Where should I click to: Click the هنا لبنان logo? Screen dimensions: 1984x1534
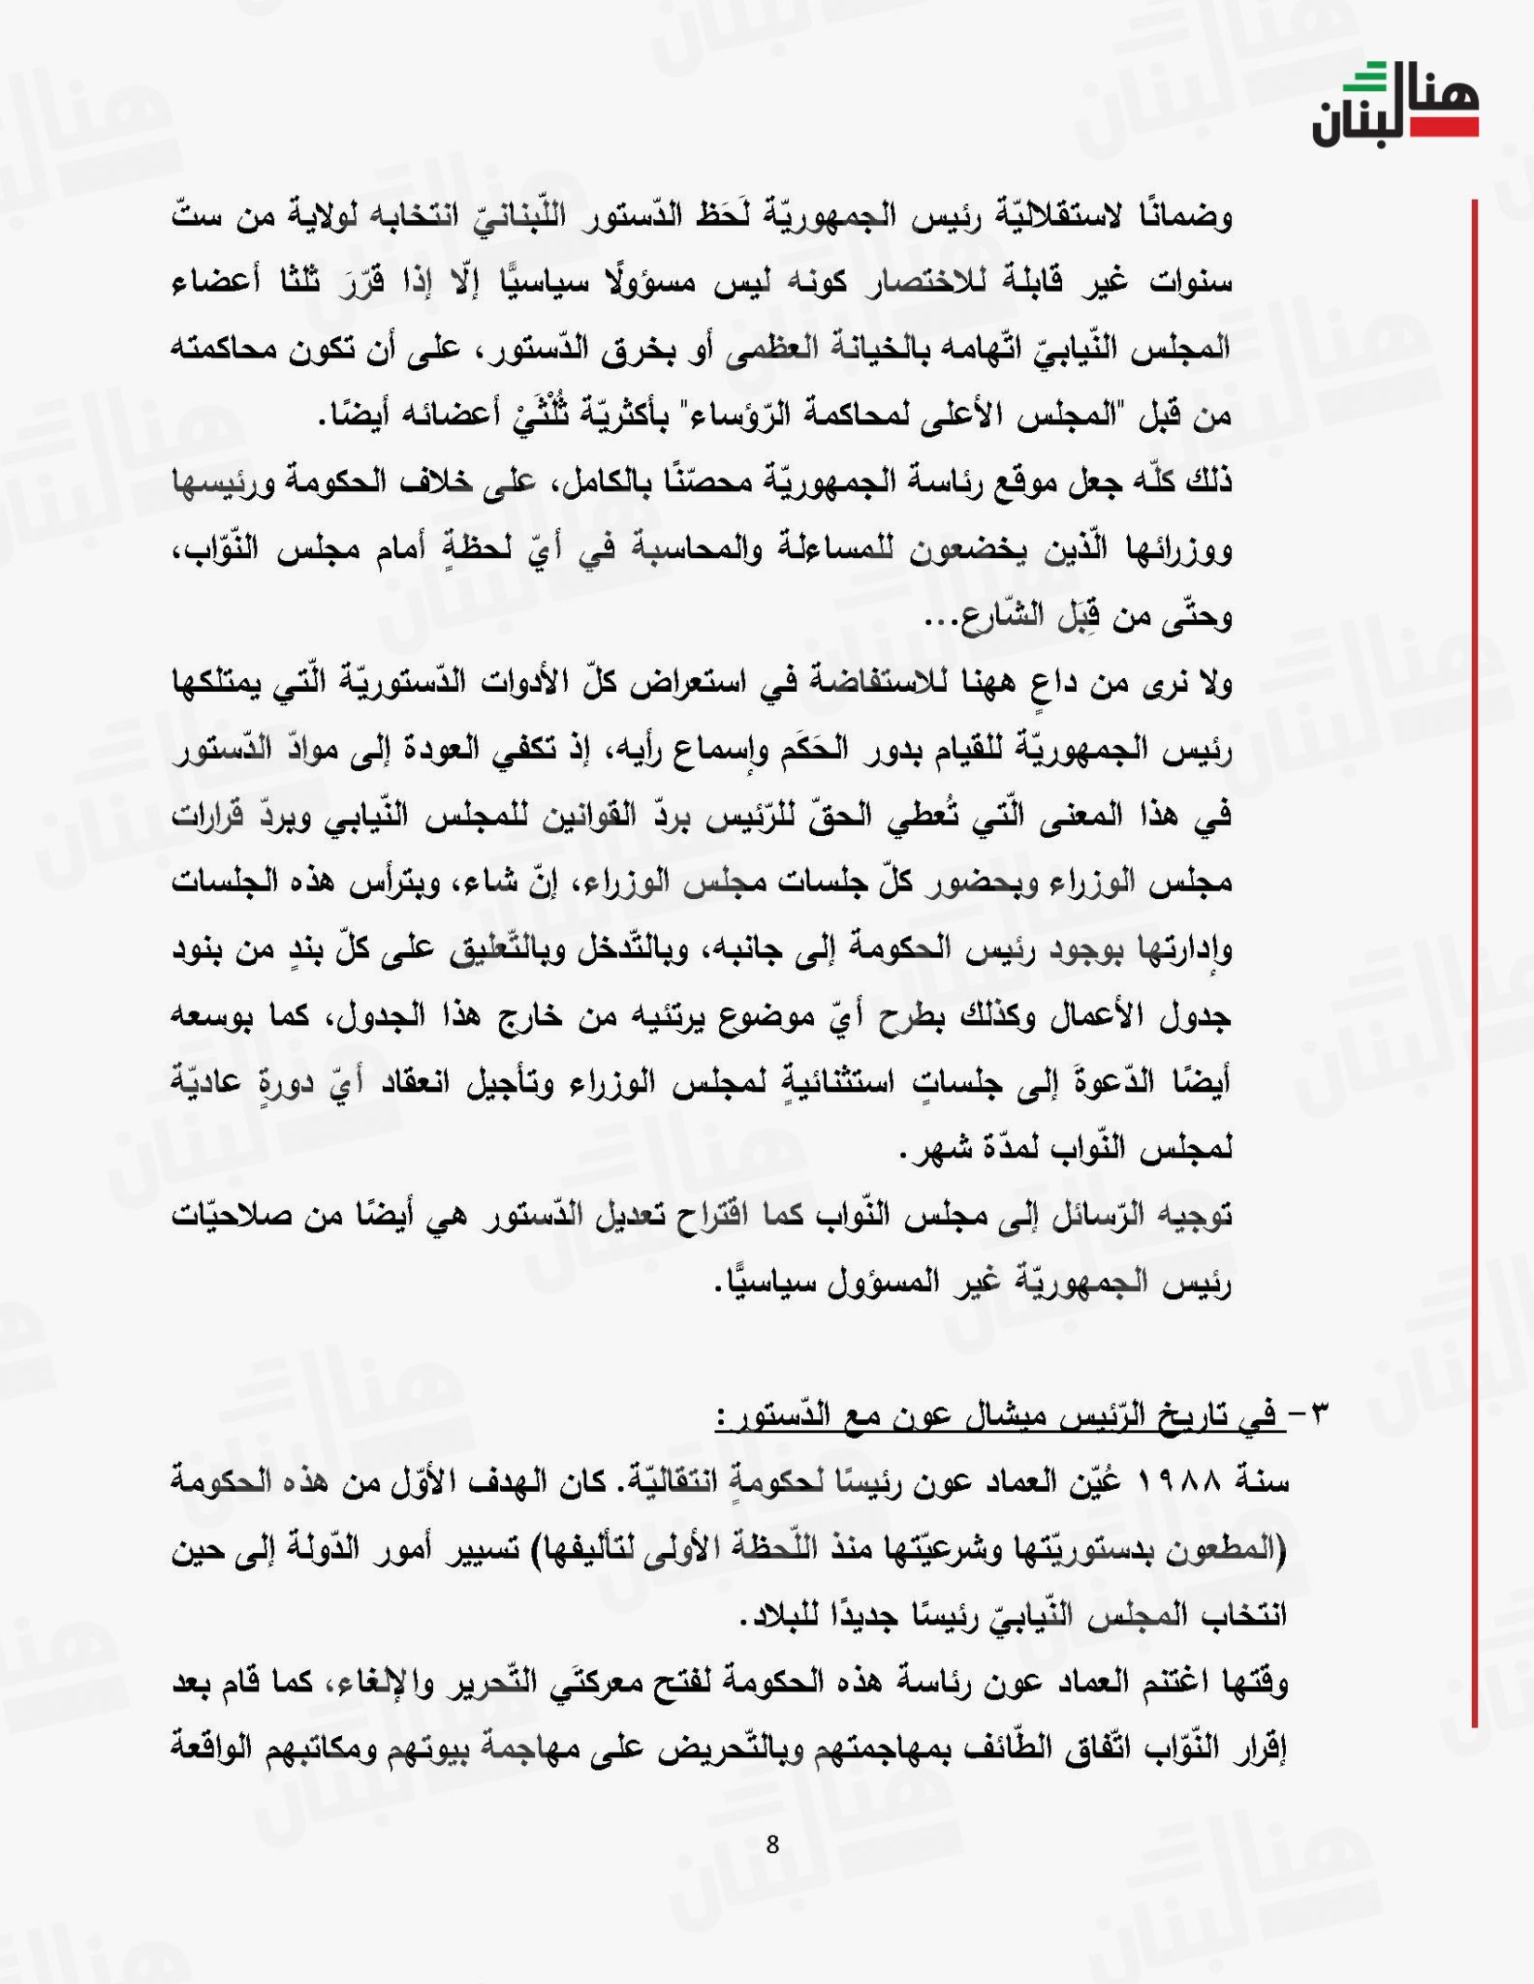point(1395,105)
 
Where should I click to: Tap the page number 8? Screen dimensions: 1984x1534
point(772,1844)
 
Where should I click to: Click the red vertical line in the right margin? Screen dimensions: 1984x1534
point(1475,969)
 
